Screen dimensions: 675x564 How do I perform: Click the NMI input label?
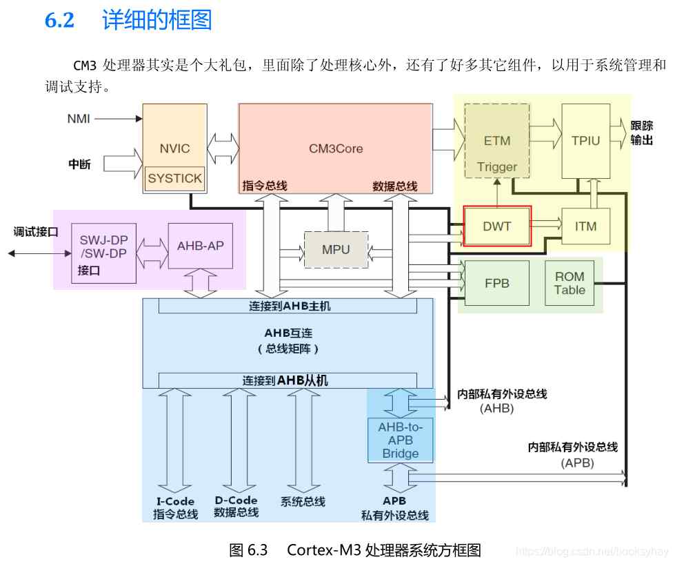point(79,119)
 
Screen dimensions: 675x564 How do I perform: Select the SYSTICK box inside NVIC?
point(174,178)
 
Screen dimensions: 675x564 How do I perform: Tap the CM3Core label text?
point(336,148)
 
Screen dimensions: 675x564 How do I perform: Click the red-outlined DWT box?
point(497,226)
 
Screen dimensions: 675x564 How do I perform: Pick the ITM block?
point(586,226)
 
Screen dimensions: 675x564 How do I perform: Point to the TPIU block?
point(586,141)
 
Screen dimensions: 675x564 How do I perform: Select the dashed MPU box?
point(336,249)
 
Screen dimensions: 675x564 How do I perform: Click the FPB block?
point(497,283)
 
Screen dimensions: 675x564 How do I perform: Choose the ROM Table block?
point(570,283)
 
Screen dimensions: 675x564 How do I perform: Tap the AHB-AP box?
point(201,246)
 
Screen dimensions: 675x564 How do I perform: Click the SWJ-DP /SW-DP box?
point(103,253)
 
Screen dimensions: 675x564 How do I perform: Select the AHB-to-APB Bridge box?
point(401,440)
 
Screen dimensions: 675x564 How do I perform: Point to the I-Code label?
point(175,501)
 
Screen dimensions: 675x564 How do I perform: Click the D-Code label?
point(236,500)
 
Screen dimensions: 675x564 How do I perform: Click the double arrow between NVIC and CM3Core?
point(223,148)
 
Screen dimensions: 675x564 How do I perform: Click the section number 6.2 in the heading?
point(60,20)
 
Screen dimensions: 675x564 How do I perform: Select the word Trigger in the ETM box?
point(497,167)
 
